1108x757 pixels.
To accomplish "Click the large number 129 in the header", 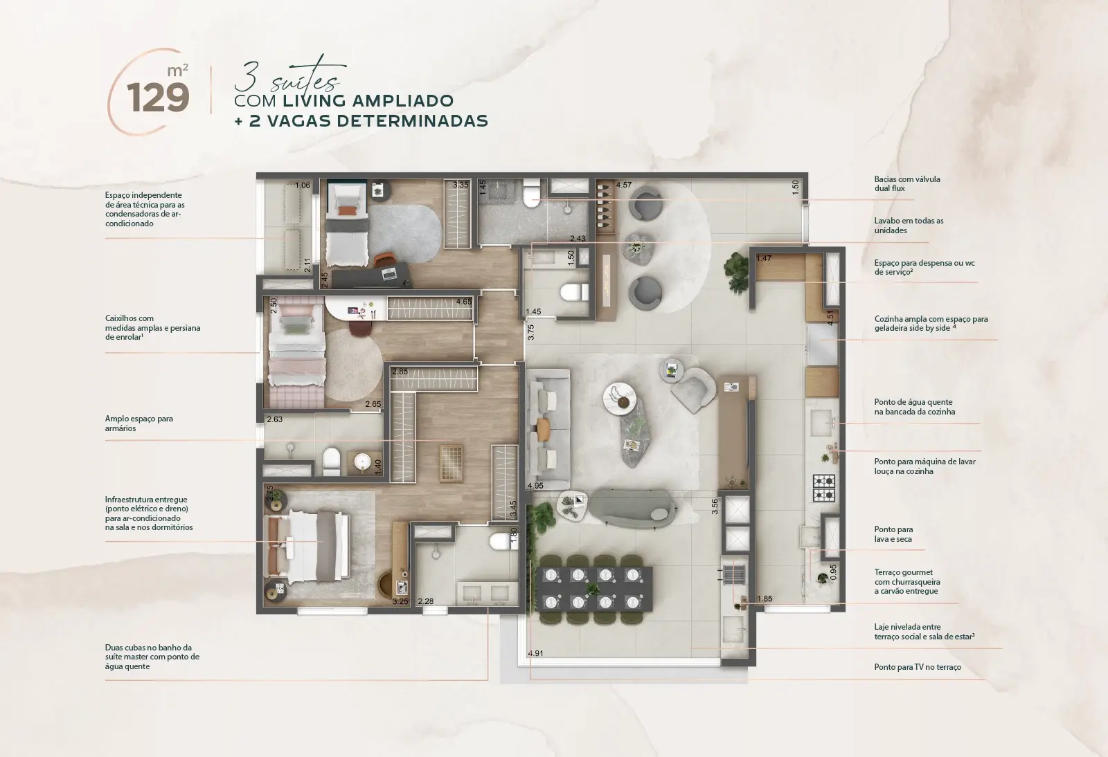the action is (158, 98).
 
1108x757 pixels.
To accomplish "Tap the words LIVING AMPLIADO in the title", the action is (368, 101).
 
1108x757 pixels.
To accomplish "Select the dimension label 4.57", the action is (623, 185).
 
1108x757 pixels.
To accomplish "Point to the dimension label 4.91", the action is (535, 653).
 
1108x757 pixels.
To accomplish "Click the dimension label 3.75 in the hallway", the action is (530, 332).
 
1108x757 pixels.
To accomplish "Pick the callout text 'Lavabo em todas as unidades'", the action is (909, 226).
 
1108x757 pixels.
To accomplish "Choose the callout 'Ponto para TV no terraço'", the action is (918, 667).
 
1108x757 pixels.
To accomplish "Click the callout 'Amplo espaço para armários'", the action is (139, 423).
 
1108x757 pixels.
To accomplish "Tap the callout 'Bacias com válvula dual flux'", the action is (907, 184).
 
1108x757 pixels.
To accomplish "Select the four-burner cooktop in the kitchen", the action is (824, 489).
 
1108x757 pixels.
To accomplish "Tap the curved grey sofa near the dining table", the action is (632, 508).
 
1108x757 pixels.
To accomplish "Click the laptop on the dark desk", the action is (388, 273).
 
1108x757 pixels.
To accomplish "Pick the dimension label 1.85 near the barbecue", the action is (765, 599).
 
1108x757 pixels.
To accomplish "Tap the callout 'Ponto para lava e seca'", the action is (893, 534).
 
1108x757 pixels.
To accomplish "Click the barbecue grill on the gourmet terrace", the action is (733, 575).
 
